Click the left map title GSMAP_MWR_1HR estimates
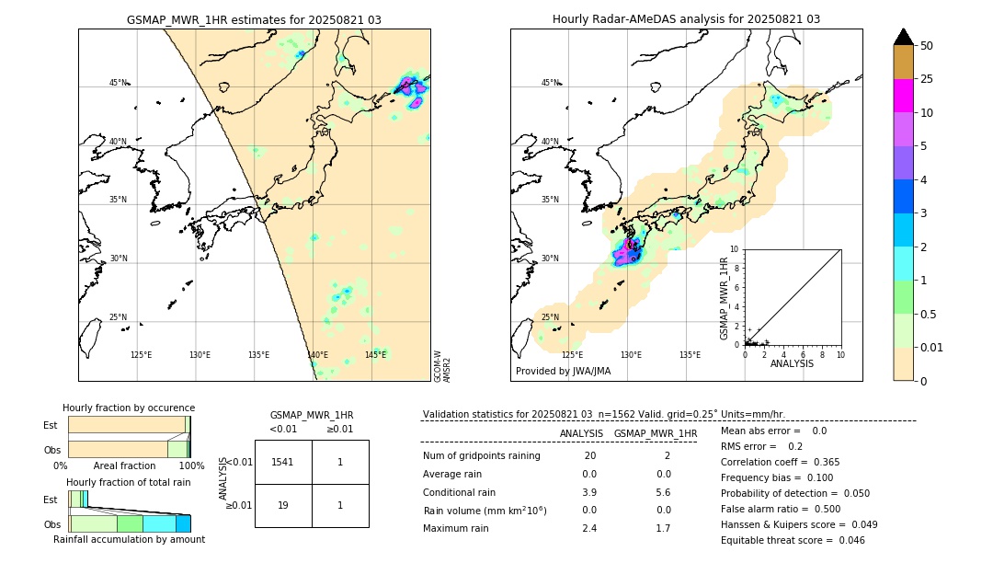pyautogui.click(x=254, y=19)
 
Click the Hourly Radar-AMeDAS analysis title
pyautogui.click(x=686, y=19)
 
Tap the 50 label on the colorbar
pyautogui.click(x=927, y=46)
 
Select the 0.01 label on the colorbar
pyautogui.click(x=933, y=347)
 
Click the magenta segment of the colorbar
pyautogui.click(x=903, y=96)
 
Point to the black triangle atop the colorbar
pyautogui.click(x=903, y=37)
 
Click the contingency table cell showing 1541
pyautogui.click(x=283, y=462)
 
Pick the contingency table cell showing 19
pyautogui.click(x=283, y=505)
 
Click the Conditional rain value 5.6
pyautogui.click(x=663, y=492)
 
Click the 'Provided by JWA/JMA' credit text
pyautogui.click(x=563, y=372)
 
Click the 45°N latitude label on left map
pyautogui.click(x=118, y=83)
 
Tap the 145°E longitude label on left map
pyautogui.click(x=375, y=355)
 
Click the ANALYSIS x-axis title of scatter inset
pyautogui.click(x=792, y=363)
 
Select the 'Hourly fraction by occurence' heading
pyautogui.click(x=129, y=408)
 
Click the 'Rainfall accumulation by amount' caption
pyautogui.click(x=129, y=539)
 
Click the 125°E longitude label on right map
pyautogui.click(x=572, y=355)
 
